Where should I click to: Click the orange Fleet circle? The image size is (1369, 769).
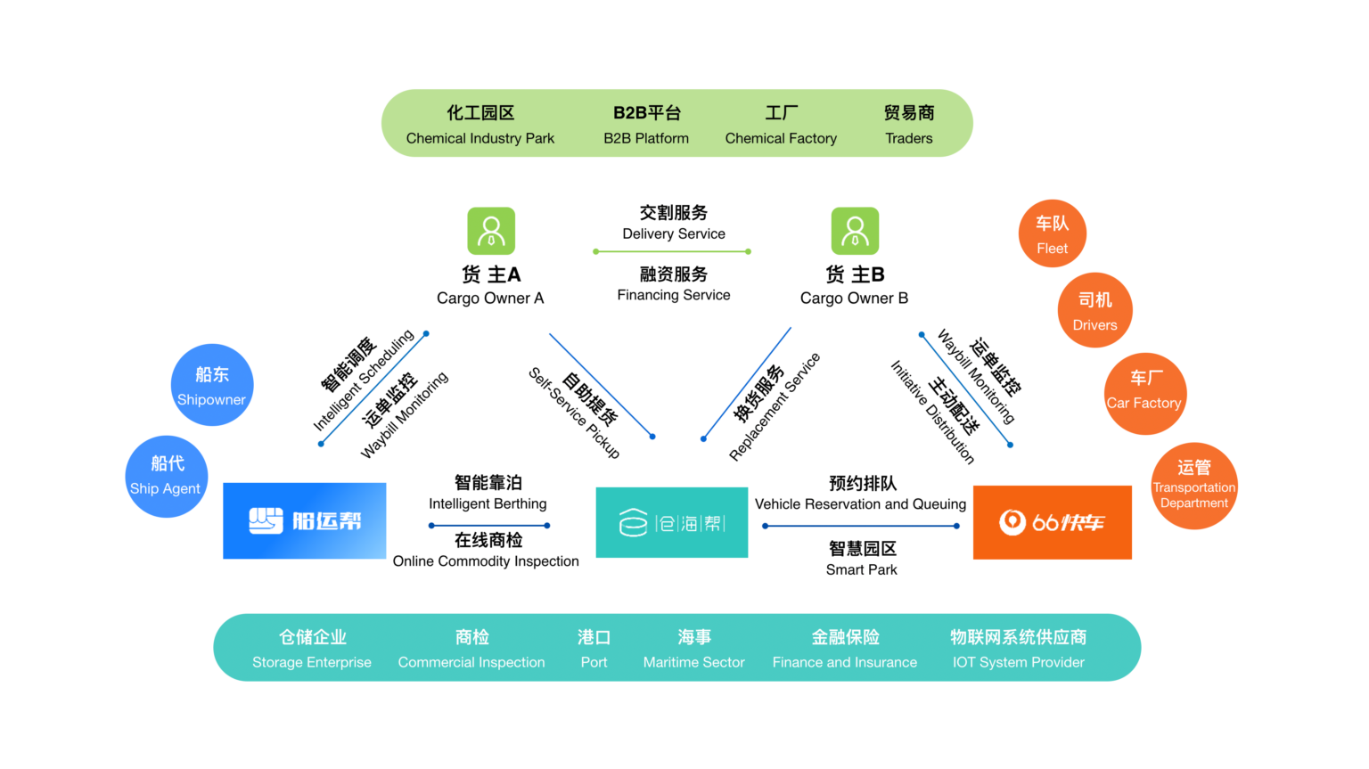coord(1052,233)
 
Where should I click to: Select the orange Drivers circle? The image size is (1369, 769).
coord(1094,310)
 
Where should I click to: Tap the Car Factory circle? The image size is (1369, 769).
coord(1144,393)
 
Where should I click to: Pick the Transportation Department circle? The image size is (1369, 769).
coord(1193,486)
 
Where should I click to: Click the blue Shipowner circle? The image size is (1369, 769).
coord(212,385)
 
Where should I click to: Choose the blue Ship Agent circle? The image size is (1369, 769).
coord(166,476)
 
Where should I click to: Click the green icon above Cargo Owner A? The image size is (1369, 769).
coord(491,231)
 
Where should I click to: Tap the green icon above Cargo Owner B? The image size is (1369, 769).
coord(855,231)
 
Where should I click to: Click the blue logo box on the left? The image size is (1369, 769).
coord(304,520)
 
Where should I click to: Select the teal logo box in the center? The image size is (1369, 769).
coord(671,522)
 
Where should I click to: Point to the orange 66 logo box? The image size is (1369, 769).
coord(1052,522)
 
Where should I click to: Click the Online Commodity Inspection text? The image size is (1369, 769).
coord(486,560)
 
